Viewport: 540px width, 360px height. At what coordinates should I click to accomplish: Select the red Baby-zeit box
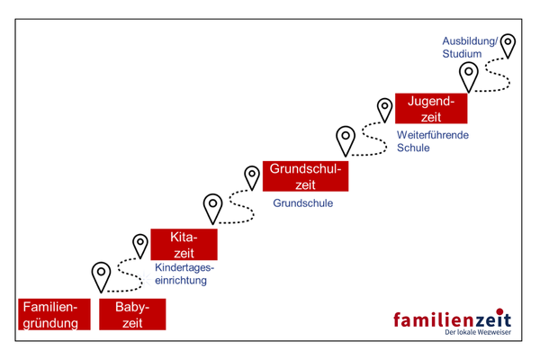coord(132,314)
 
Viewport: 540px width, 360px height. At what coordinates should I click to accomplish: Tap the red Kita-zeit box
coord(184,245)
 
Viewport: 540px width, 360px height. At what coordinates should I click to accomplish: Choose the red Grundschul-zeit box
coord(305,175)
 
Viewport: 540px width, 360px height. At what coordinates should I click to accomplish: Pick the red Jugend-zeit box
coord(431,107)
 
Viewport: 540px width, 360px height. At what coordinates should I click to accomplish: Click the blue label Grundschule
coord(302,203)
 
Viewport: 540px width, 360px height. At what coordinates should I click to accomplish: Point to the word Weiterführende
coord(433,135)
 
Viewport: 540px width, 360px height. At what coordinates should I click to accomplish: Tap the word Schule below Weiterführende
coord(413,148)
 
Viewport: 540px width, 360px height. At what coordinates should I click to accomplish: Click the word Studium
coord(462,54)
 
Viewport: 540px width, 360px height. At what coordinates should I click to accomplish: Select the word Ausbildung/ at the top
coord(469,41)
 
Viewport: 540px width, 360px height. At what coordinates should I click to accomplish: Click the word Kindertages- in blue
coord(185,267)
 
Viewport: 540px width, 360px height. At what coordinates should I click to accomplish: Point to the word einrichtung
coord(181,280)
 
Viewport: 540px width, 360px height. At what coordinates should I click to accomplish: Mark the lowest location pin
coord(102,274)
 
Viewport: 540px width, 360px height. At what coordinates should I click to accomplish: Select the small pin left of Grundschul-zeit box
coord(252,175)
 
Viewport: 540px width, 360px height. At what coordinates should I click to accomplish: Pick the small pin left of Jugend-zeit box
coord(384,108)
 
